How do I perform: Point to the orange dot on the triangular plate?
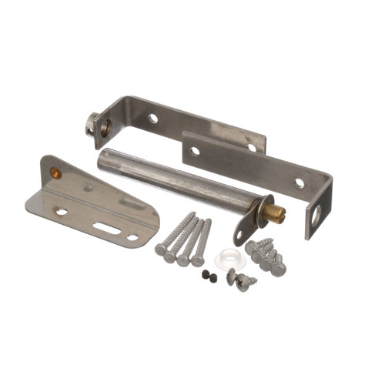(55, 172)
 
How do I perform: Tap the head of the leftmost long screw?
(160, 249)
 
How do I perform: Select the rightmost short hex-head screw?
(278, 269)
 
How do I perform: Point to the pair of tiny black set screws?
(209, 274)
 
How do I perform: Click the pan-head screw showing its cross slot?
(244, 284)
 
